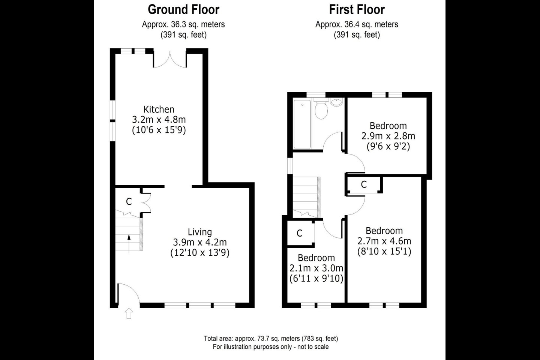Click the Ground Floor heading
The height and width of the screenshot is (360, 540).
pos(183,9)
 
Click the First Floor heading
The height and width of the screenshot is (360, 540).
pos(357,9)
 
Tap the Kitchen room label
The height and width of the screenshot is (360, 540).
pos(159,109)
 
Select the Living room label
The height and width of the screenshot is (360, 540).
pos(199,232)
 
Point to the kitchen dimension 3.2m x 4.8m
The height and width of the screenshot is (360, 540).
pos(159,120)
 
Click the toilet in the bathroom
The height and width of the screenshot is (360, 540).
pos(321,109)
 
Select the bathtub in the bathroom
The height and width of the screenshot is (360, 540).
pos(302,124)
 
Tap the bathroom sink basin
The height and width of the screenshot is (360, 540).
pos(337,102)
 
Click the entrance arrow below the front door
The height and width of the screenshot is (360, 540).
pos(129,313)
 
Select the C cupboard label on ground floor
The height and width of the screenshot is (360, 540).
pos(129,202)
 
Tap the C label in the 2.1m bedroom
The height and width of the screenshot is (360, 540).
pos(299,233)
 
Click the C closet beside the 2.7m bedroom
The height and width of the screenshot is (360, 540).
pos(363,184)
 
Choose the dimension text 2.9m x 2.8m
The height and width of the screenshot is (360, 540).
pos(388,136)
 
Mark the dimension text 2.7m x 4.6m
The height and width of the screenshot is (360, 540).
pos(384,241)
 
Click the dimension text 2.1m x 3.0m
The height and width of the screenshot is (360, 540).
pos(316,268)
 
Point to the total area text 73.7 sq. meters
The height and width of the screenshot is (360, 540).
pos(271,338)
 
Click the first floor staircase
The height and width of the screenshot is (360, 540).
pos(306,197)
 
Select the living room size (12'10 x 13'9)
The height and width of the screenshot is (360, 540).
pos(199,252)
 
